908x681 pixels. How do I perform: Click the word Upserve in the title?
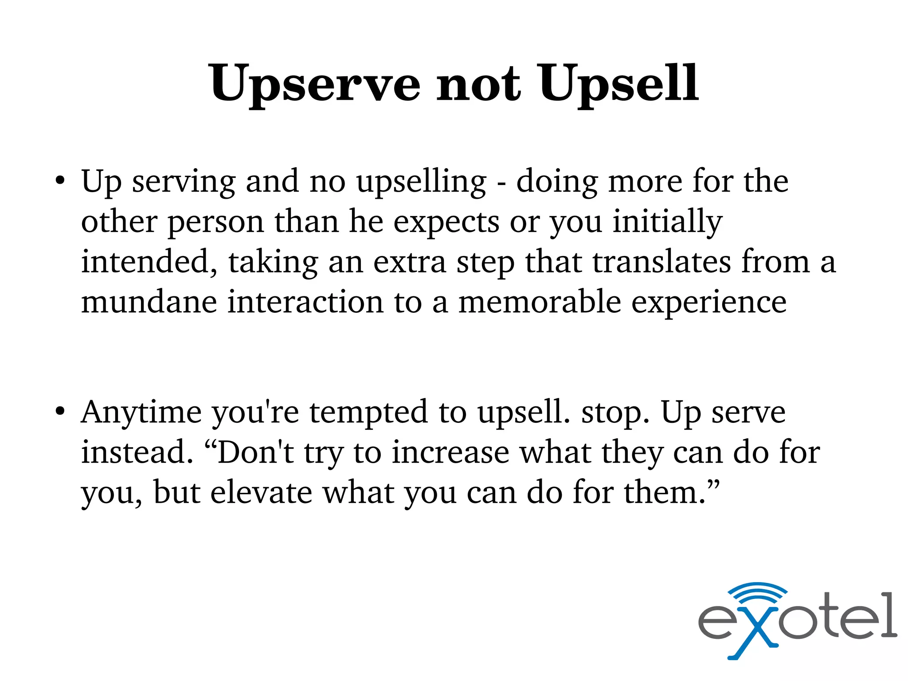pyautogui.click(x=314, y=84)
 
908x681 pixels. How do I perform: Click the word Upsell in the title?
pyautogui.click(x=618, y=84)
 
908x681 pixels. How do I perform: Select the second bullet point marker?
pyautogui.click(x=60, y=412)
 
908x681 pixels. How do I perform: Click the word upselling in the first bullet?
pyautogui.click(x=422, y=182)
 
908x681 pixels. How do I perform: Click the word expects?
pyautogui.click(x=446, y=222)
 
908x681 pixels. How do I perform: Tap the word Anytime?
pyautogui.click(x=141, y=413)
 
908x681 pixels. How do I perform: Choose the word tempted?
pyautogui.click(x=368, y=413)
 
